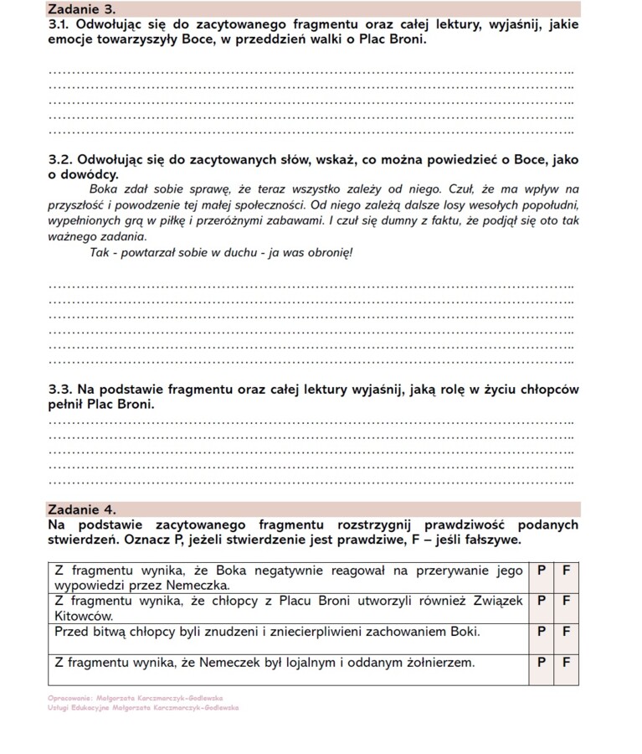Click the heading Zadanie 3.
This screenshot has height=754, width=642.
81,9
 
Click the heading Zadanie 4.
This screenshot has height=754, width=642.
81,509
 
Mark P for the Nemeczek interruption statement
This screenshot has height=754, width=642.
541,570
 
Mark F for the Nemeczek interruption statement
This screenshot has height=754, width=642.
566,570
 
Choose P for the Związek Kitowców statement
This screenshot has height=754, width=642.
541,600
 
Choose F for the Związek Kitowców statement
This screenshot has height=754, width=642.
566,600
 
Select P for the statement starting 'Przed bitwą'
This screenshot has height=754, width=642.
541,631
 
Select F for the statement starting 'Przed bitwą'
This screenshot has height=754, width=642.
566,631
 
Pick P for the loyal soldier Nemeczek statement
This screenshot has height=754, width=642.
541,663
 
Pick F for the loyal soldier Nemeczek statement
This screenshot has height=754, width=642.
566,663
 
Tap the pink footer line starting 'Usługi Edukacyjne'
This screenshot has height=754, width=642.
143,707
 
